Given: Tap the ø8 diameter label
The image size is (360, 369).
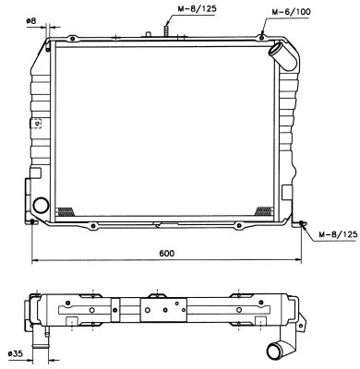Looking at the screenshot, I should (x=31, y=20).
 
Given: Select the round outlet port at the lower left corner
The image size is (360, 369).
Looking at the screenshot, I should (x=41, y=205).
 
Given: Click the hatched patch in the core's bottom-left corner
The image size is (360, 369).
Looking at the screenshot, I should (x=66, y=210).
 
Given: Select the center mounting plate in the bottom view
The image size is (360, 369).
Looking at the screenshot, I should (x=164, y=313).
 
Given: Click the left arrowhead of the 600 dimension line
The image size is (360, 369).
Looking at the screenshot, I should (x=34, y=259).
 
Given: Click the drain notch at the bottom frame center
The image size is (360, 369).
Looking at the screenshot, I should (x=159, y=224).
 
